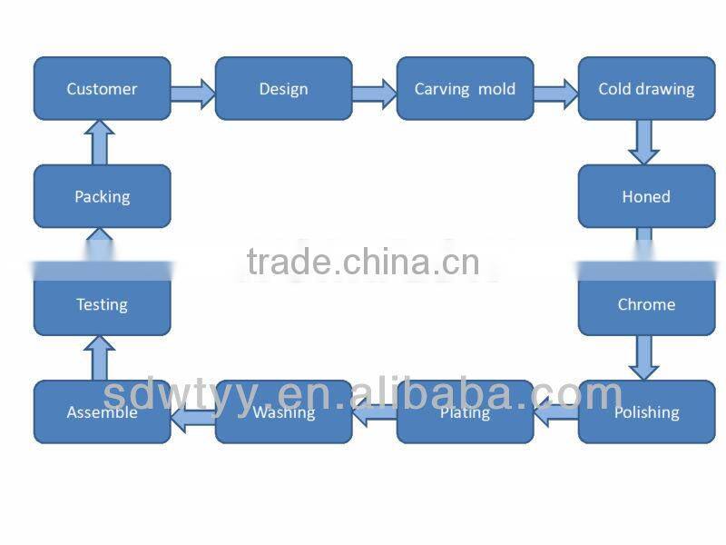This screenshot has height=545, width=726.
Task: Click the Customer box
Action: pyautogui.click(x=102, y=89)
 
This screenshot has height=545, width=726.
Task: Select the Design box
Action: pyautogui.click(x=283, y=89)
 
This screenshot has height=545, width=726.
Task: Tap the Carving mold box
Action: pyautogui.click(x=465, y=89)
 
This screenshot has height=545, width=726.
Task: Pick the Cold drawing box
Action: pyautogui.click(x=646, y=89)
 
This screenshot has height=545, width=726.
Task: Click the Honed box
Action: pyautogui.click(x=646, y=196)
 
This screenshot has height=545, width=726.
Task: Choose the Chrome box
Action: pyautogui.click(x=646, y=304)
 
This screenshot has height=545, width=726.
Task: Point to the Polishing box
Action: pyautogui.click(x=646, y=412)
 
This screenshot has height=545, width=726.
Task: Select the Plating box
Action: pyautogui.click(x=465, y=412)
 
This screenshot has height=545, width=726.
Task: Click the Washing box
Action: pyautogui.click(x=283, y=412)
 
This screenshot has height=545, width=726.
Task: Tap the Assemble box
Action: pyautogui.click(x=102, y=412)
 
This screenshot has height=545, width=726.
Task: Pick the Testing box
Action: pyautogui.click(x=102, y=304)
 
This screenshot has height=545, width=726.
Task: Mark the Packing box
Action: pyautogui.click(x=102, y=196)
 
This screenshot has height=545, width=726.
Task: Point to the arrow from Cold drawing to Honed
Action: pyautogui.click(x=643, y=142)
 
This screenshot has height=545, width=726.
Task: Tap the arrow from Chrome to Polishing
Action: pyautogui.click(x=643, y=357)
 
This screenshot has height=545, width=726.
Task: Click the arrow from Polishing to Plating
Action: pyautogui.click(x=555, y=415)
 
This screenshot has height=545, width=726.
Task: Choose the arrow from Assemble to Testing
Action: pyautogui.click(x=101, y=358)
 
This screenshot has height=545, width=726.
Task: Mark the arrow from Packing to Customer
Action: pyautogui.click(x=101, y=143)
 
